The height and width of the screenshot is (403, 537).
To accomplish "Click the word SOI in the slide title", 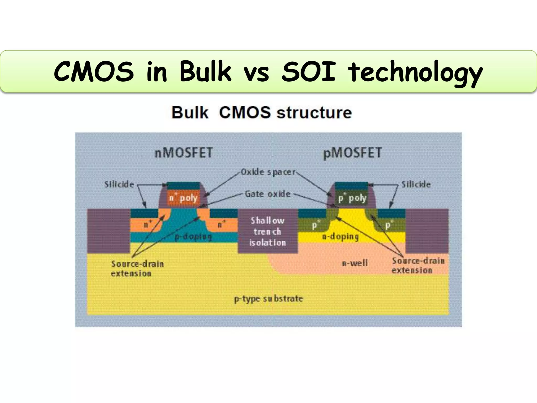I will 308,71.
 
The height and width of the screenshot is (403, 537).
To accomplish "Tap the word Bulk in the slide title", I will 205,71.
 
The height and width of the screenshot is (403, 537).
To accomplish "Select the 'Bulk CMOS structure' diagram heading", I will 262,113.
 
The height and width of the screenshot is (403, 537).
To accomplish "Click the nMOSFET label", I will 184,153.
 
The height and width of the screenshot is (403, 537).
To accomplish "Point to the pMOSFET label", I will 352,153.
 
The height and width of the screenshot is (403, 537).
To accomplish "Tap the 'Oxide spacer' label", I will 268,172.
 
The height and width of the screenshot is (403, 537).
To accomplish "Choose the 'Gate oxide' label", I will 267,194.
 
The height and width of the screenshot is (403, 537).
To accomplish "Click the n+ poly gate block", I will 183,198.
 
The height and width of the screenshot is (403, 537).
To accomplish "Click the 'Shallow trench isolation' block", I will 267,231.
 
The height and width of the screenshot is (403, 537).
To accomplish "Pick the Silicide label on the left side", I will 119,184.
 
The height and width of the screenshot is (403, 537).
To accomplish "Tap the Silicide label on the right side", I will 416,184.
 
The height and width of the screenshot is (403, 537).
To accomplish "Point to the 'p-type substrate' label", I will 268,299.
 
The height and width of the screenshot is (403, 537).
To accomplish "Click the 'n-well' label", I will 355,263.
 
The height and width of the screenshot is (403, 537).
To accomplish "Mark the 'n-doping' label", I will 340,237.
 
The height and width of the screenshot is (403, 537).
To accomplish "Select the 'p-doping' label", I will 193,237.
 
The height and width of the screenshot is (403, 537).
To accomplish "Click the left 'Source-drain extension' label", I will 137,268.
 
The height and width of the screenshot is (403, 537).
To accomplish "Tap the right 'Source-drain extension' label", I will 418,266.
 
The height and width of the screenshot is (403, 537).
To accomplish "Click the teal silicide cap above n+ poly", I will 184,186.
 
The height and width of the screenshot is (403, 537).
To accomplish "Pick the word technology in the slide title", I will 415,71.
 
